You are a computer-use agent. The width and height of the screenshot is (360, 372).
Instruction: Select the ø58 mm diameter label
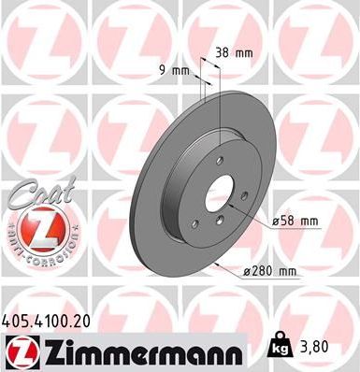(295, 221)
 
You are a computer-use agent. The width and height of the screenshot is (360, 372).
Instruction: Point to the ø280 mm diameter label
(269, 271)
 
